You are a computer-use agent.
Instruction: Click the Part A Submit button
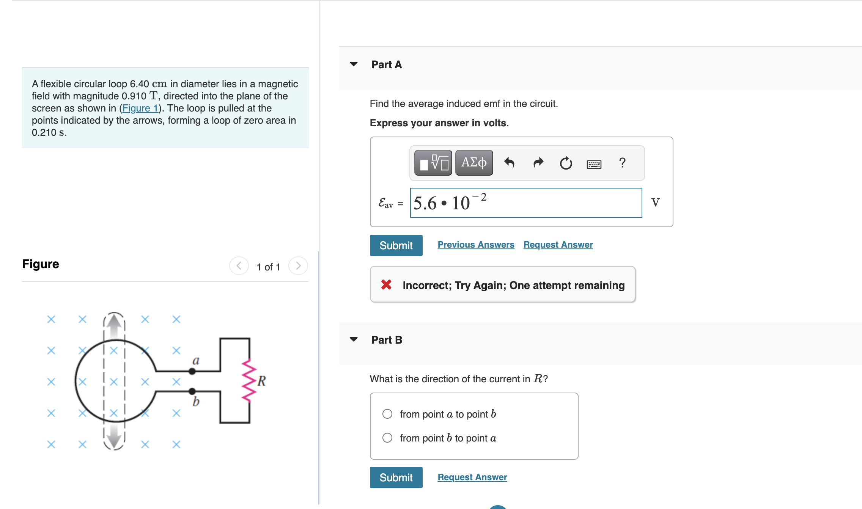(396, 245)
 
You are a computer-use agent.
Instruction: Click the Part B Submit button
(396, 478)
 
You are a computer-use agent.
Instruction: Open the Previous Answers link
(476, 245)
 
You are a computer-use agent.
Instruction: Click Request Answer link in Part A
(558, 245)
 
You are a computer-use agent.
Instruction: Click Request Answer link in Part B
(472, 477)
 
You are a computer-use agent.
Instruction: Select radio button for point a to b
(387, 414)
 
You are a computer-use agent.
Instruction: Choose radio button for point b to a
(387, 438)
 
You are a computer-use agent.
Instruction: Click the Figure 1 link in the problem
(140, 108)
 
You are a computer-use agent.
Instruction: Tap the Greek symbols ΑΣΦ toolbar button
(474, 163)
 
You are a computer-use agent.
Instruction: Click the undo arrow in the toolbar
(509, 163)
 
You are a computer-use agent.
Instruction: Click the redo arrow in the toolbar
(538, 163)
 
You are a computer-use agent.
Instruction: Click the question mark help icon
(622, 163)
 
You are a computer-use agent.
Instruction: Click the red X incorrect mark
(386, 284)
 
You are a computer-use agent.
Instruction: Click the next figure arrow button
(298, 266)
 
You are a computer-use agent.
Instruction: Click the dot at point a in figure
(192, 372)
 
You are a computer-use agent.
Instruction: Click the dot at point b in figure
(192, 391)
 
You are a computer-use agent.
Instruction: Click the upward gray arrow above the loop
(114, 326)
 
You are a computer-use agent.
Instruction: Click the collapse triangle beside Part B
(354, 339)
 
